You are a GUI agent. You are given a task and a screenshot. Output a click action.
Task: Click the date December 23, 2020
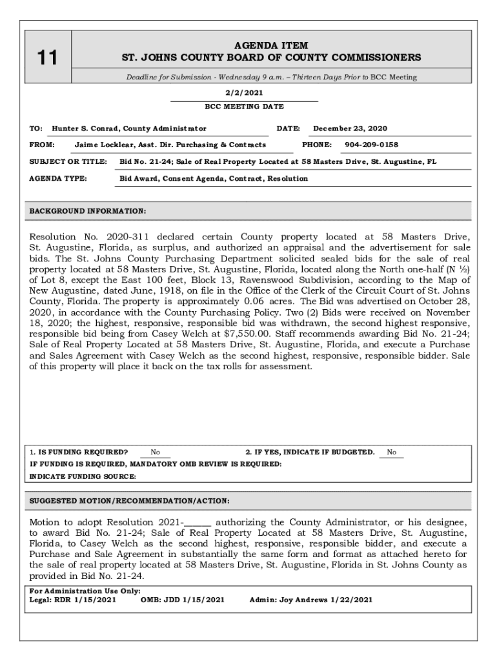pos(350,129)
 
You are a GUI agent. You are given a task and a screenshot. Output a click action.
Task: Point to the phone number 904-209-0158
pos(371,145)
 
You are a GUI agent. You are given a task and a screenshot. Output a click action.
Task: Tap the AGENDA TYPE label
pos(58,178)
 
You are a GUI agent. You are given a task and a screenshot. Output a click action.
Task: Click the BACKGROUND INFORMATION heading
pos(88,211)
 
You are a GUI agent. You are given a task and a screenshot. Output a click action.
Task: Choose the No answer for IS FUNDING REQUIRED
pos(156,453)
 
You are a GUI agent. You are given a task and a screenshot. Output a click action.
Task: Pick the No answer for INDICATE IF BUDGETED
pos(392,453)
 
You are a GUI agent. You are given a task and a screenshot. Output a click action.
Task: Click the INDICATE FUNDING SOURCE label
pos(83,476)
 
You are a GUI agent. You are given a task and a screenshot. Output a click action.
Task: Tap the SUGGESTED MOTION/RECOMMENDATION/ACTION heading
pos(129,501)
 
